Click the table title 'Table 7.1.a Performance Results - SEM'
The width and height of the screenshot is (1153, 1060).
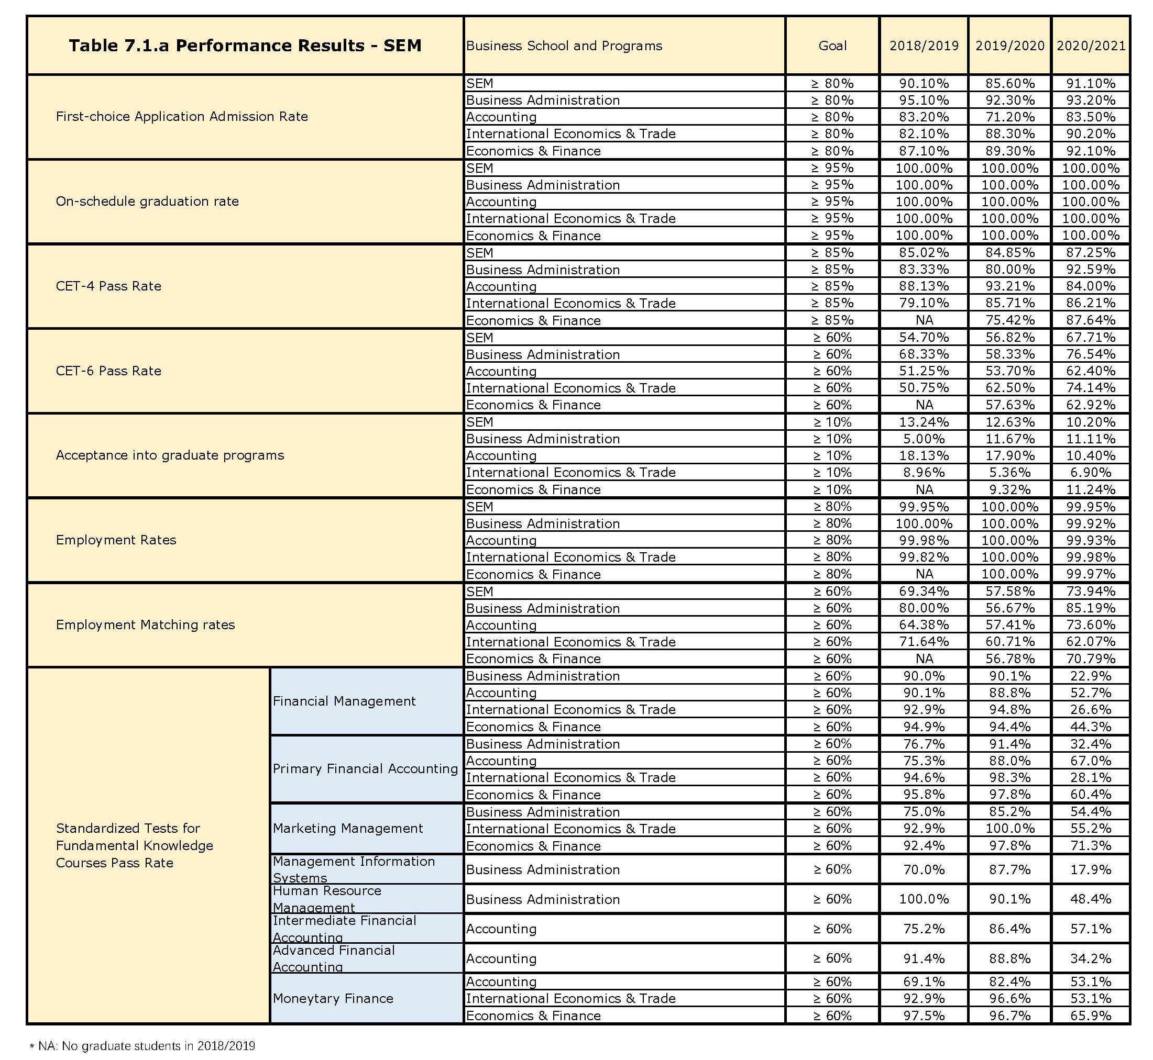[x=245, y=46]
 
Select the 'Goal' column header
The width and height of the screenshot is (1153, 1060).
[x=832, y=46]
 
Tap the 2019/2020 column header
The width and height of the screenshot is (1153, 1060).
[x=1009, y=46]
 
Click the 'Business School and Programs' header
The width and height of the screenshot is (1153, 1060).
[x=564, y=46]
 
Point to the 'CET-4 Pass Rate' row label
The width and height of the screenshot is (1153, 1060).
[x=108, y=286]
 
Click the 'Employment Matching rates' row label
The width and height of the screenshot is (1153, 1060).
[x=145, y=624]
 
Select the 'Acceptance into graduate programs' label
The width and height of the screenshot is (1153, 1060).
[x=170, y=455]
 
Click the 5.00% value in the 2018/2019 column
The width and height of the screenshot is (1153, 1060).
[x=924, y=439]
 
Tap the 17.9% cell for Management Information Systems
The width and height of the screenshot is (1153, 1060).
[x=1091, y=869]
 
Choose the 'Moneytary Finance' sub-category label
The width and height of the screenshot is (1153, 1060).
[x=333, y=998]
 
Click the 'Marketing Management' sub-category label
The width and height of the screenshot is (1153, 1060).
[x=348, y=828]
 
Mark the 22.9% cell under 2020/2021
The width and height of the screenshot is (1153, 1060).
[x=1091, y=676]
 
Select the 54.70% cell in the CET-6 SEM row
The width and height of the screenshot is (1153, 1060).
[x=924, y=337]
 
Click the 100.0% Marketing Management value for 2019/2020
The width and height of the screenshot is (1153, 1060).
[x=1009, y=828]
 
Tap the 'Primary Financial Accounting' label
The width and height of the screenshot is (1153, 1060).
[x=365, y=768]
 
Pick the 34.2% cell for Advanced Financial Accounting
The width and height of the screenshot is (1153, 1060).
[x=1091, y=958]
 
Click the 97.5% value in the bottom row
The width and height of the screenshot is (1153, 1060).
[x=924, y=1016]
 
